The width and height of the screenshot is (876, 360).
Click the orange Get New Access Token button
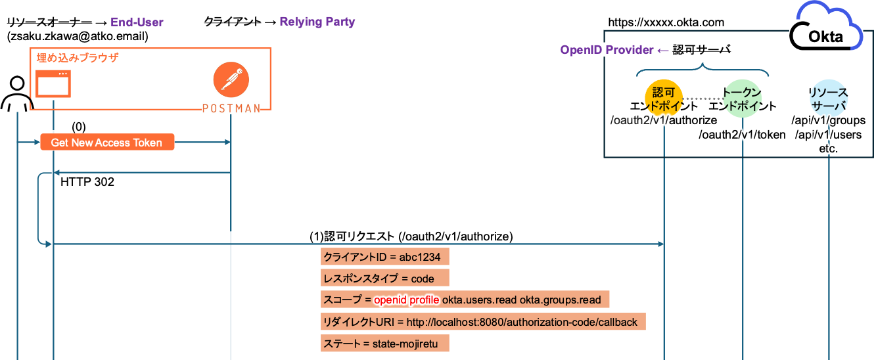pyautogui.click(x=107, y=143)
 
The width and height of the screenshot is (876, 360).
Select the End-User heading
pyautogui.click(x=137, y=22)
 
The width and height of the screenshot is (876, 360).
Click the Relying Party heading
pyautogui.click(x=317, y=22)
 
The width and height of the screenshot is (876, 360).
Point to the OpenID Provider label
pyautogui.click(x=607, y=50)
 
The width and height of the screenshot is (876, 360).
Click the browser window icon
pyautogui.click(x=53, y=83)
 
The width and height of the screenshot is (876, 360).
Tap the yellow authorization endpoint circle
pyautogui.click(x=664, y=99)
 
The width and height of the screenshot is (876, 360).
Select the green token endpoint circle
pyautogui.click(x=743, y=99)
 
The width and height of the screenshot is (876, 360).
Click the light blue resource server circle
pyautogui.click(x=828, y=99)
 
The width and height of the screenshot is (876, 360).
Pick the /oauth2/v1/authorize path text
pyautogui.click(x=664, y=120)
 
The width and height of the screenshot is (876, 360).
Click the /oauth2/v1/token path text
pyautogui.click(x=742, y=135)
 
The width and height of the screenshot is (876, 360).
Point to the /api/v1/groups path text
pyautogui.click(x=829, y=121)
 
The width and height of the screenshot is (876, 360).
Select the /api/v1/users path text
pyautogui.click(x=829, y=135)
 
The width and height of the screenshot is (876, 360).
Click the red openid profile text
pyautogui.click(x=406, y=300)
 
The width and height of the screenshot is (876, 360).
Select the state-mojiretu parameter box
pyautogui.click(x=385, y=344)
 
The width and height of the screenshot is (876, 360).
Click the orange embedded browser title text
pyautogui.click(x=77, y=58)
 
